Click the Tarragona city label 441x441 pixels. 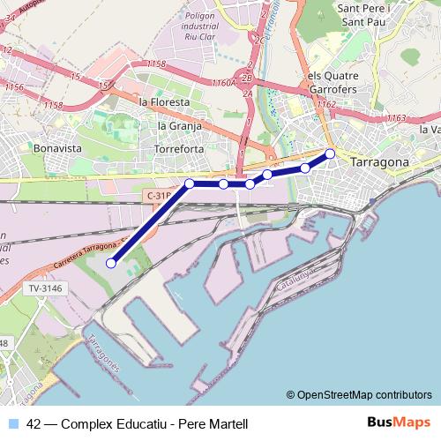pos(380,163)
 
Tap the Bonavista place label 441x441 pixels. pos(57,148)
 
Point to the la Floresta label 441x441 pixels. pos(164,102)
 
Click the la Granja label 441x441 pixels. pos(179,125)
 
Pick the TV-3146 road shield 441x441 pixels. pos(43,288)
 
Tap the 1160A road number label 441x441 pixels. pos(223,82)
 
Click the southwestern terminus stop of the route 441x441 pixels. pos(112,262)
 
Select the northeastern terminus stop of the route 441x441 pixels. pos(331,154)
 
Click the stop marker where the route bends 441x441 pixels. pos(190,183)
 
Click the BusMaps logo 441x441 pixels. pos(398,422)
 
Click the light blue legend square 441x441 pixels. pos(12,423)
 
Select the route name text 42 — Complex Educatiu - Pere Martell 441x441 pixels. pos(137,423)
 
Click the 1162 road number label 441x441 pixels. pos(326,104)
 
